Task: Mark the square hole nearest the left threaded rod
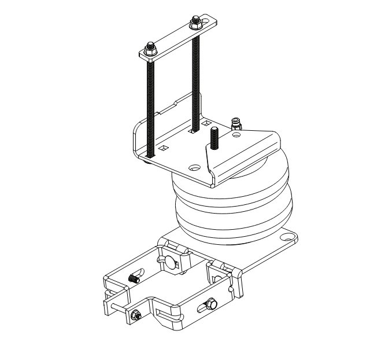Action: coord(164,149)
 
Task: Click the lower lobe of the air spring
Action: coord(231,217)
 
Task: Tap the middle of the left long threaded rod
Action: coord(150,104)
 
